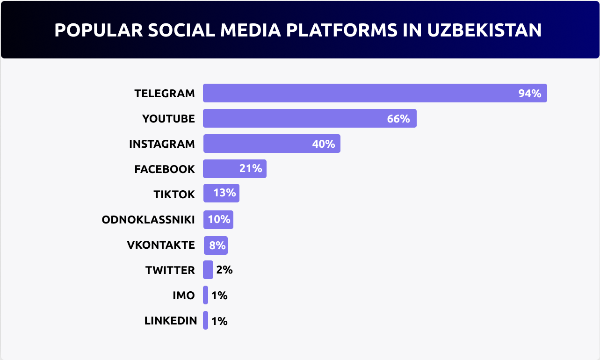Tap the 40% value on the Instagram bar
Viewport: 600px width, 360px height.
point(324,144)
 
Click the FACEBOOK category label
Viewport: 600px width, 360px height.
point(165,169)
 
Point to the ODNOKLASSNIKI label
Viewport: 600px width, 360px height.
point(148,220)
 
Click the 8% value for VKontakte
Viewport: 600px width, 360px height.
point(217,245)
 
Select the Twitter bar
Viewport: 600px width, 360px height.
point(208,270)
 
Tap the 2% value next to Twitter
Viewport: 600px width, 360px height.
point(224,270)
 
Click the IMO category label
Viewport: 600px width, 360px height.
point(183,295)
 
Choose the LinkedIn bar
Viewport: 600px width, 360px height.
point(206,320)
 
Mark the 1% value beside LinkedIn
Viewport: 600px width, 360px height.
point(219,321)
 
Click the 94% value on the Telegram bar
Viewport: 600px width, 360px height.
point(529,94)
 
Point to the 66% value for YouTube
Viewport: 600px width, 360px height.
point(398,119)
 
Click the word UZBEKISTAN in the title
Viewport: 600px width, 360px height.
point(484,30)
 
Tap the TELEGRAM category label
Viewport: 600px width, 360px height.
point(165,94)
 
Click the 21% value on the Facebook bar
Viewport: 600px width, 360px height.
point(251,168)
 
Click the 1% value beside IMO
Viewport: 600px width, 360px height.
point(219,295)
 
